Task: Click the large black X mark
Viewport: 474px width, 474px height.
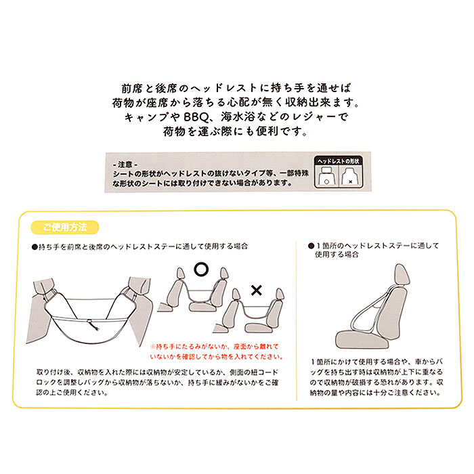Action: pos(257,291)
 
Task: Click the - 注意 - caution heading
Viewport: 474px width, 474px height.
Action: pos(125,165)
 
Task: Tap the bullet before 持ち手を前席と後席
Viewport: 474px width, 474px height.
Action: pos(35,249)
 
